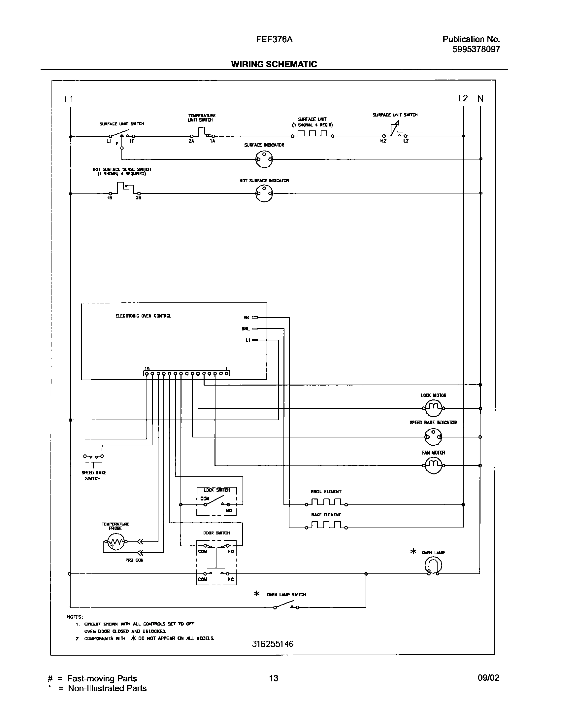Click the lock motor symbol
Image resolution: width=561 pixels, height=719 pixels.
(x=433, y=408)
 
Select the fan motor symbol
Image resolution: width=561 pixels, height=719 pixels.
(x=433, y=465)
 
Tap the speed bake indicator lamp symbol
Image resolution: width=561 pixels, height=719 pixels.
(x=433, y=437)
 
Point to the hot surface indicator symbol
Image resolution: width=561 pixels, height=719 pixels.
(x=264, y=193)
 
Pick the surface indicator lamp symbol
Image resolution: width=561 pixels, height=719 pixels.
(x=264, y=159)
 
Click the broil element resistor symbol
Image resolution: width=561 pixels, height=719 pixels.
(x=326, y=504)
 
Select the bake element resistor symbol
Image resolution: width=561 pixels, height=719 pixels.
(x=326, y=527)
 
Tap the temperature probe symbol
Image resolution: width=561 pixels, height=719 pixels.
(x=114, y=542)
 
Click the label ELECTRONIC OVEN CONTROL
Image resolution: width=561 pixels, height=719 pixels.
(x=143, y=316)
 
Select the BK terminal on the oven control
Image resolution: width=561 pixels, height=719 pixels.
(x=255, y=318)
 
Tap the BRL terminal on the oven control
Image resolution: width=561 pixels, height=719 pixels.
(x=255, y=329)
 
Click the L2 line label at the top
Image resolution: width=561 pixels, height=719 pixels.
(x=463, y=98)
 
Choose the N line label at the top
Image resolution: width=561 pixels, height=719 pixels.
(x=480, y=98)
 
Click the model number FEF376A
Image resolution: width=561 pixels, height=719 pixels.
(x=274, y=40)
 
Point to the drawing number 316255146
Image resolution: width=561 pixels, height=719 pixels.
(x=273, y=653)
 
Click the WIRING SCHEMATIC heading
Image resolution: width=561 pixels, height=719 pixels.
(x=274, y=64)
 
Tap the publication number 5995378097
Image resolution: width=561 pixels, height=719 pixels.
(x=476, y=50)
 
